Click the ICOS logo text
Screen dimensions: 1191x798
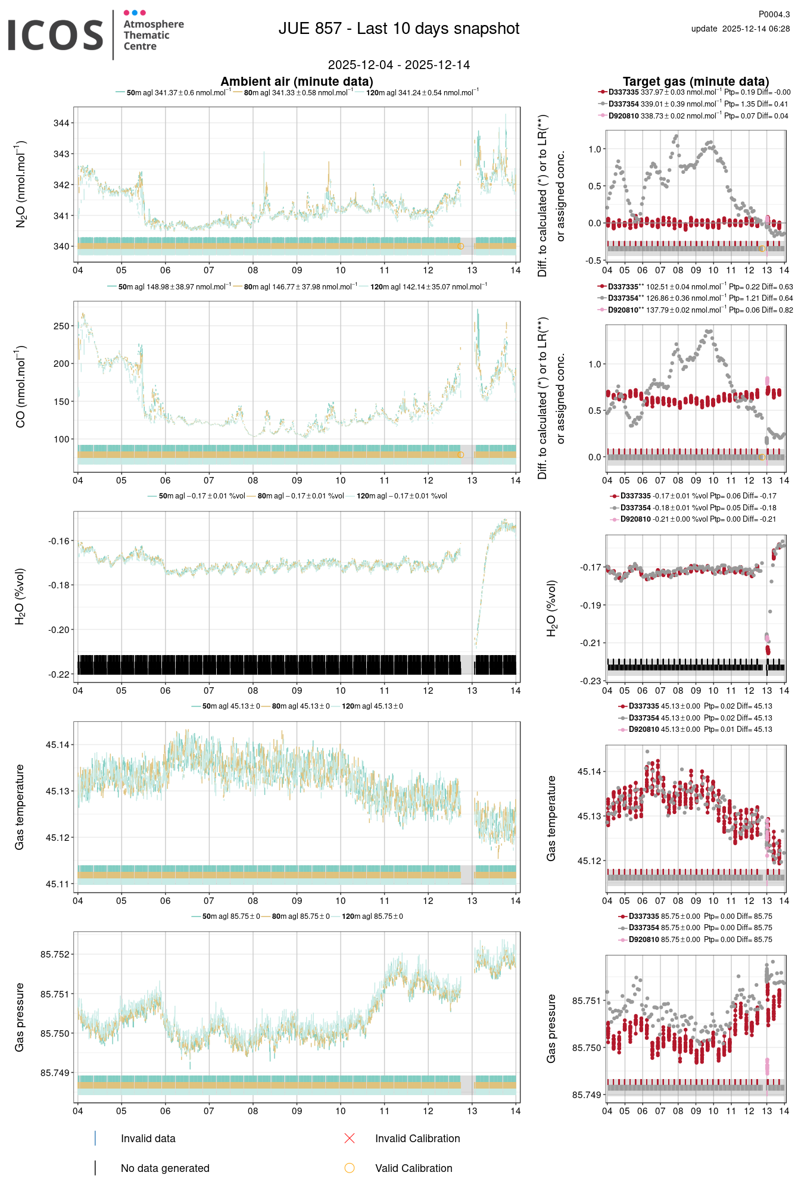[x=55, y=35]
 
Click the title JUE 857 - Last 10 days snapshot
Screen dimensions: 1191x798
[x=399, y=29]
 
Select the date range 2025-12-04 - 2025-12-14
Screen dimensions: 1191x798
[x=399, y=65]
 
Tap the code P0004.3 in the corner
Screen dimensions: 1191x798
[x=774, y=14]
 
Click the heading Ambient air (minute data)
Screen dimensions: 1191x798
[x=297, y=82]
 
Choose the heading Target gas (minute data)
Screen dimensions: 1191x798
[x=696, y=82]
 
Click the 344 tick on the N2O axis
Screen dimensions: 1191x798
[x=61, y=123]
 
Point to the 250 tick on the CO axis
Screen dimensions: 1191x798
[x=61, y=326]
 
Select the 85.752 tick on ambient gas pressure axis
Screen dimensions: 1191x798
[x=55, y=954]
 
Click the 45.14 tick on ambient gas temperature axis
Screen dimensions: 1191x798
[x=57, y=744]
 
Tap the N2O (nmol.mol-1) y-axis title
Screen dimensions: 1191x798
[x=21, y=184]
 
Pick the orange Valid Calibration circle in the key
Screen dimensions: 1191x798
[x=350, y=1168]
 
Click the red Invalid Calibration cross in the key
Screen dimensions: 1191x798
[x=350, y=1138]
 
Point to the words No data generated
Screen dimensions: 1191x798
[x=165, y=1168]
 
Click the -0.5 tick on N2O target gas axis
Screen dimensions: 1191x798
[x=593, y=260]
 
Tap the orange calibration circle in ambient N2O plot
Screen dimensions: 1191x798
[x=460, y=246]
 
